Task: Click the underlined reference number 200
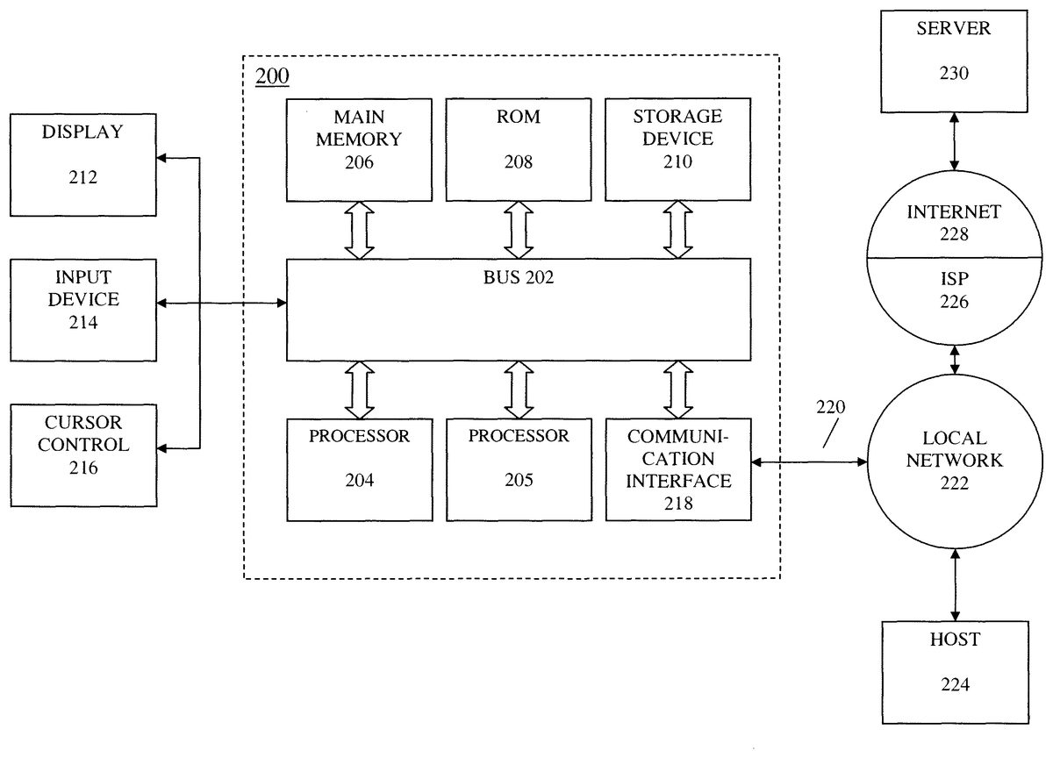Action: [272, 76]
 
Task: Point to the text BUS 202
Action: [519, 279]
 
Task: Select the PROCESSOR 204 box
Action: [359, 470]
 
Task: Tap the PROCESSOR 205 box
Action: [519, 470]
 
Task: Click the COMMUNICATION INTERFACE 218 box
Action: [677, 470]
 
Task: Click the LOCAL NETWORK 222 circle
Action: [955, 448]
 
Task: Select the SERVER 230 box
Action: [955, 61]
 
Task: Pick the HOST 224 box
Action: [955, 671]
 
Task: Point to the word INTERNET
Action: [955, 212]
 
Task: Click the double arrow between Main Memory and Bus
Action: [359, 228]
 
